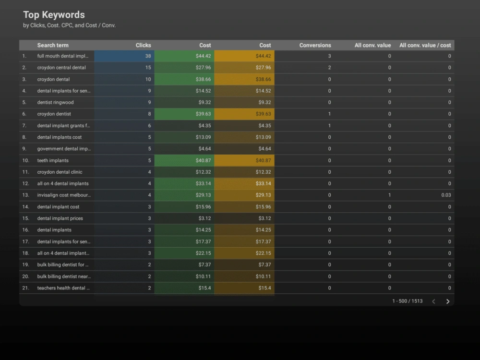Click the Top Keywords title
point(54,15)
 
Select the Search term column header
point(53,45)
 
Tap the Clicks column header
point(143,45)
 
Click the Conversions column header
point(315,45)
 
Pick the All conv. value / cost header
point(425,45)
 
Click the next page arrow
point(448,301)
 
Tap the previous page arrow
point(433,301)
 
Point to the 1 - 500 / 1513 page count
point(407,301)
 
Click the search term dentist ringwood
point(55,102)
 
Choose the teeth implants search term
point(53,160)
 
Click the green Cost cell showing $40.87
point(184,160)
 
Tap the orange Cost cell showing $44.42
point(244,56)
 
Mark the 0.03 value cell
point(446,195)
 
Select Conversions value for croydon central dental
point(329,68)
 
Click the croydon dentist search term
point(54,114)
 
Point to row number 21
point(25,288)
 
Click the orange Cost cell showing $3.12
point(244,218)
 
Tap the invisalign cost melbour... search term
point(64,195)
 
